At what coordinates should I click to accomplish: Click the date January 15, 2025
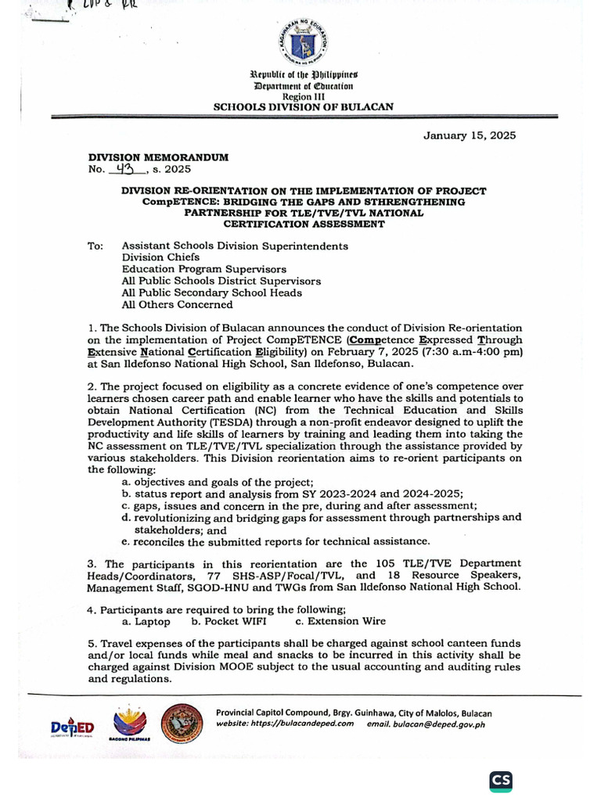(x=470, y=135)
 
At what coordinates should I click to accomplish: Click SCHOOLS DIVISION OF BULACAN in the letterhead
(x=304, y=106)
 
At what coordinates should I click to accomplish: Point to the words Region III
(x=304, y=95)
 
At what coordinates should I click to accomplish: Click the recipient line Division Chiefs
(x=160, y=257)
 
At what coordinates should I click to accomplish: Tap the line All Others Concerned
(x=177, y=304)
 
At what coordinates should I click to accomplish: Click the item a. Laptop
(x=146, y=621)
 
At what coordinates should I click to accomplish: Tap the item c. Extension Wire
(x=340, y=621)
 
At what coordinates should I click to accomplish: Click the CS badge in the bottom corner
(x=501, y=781)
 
